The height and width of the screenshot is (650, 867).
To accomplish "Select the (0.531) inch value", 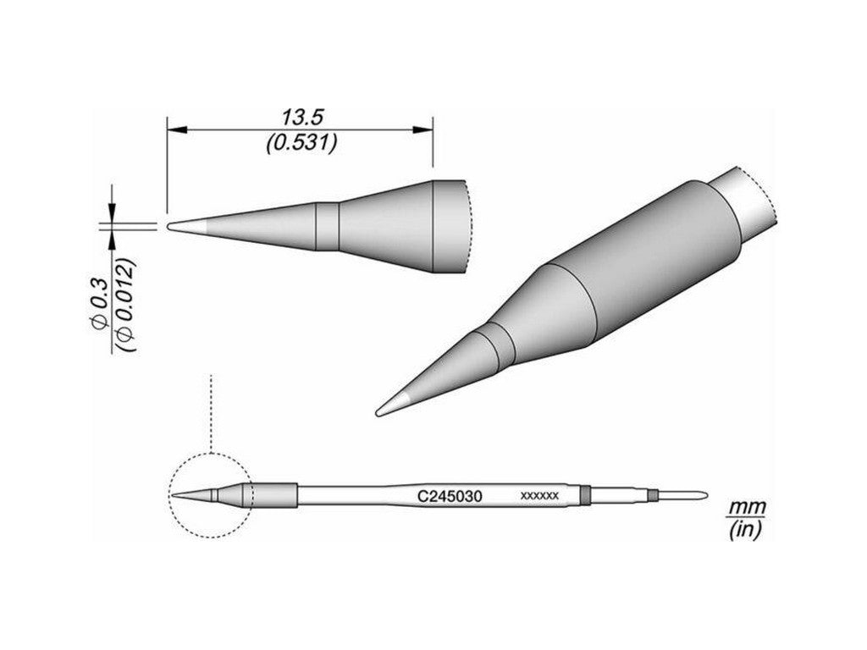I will [x=301, y=143].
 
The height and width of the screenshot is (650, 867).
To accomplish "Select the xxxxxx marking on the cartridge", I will [x=538, y=497].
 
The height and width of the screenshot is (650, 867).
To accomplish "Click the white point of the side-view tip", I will [x=179, y=226].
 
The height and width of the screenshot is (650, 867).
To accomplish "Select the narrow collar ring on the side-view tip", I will [x=327, y=227].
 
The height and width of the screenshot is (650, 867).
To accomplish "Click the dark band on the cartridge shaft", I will [x=584, y=493].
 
